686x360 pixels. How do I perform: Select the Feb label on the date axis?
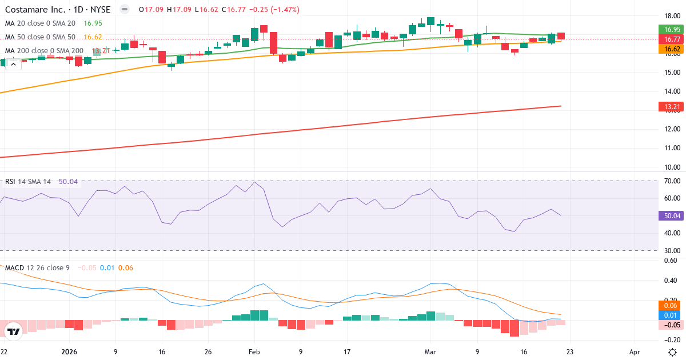click(253, 352)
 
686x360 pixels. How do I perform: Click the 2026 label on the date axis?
click(69, 352)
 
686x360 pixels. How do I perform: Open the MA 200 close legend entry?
click(44, 51)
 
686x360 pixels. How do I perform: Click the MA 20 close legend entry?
click(40, 23)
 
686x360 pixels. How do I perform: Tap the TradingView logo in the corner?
click(13, 331)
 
